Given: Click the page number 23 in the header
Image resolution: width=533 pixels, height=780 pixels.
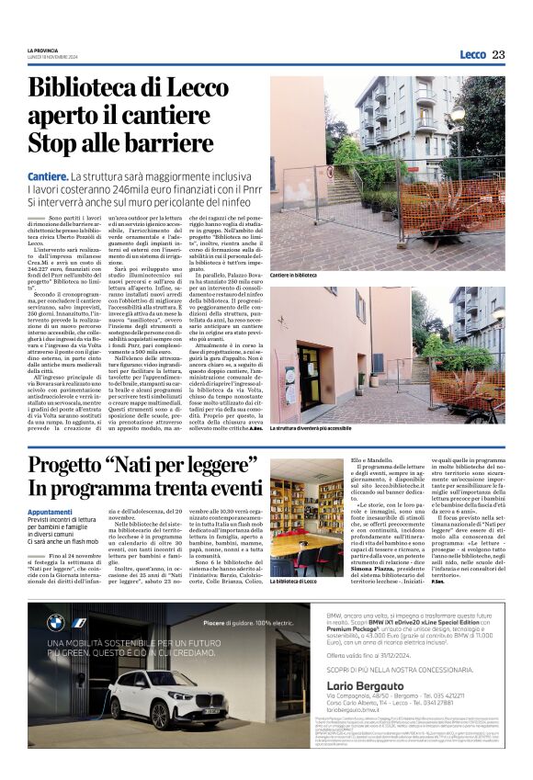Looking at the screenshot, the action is tap(498, 54).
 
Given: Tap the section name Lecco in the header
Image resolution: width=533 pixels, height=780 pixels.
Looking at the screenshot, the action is tap(472, 54).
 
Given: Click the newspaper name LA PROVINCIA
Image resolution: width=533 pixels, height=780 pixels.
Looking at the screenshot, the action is tap(42, 51).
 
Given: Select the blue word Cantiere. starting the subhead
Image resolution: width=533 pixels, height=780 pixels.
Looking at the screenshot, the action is tap(48, 175).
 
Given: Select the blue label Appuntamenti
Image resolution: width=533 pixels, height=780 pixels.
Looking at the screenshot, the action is tap(50, 512).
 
